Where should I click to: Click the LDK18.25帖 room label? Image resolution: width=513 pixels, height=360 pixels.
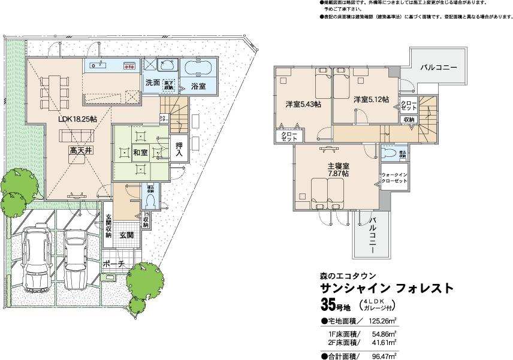[78, 119]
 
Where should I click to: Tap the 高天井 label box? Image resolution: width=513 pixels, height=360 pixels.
[80, 152]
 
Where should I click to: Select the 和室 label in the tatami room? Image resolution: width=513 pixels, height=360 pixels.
[141, 153]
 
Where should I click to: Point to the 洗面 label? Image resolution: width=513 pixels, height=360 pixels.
[152, 83]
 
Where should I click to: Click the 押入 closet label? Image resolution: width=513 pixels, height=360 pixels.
[179, 150]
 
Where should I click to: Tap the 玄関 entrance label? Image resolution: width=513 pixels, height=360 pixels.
[126, 235]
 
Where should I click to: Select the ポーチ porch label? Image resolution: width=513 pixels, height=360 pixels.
[113, 264]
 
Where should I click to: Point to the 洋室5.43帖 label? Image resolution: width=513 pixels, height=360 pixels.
[303, 104]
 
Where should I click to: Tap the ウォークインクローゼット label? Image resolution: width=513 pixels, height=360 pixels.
[394, 178]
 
